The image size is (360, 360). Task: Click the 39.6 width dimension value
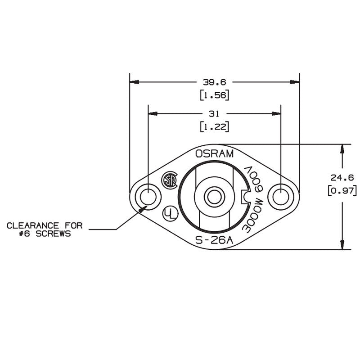pyautogui.click(x=215, y=82)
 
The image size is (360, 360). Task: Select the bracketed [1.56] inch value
pyautogui.click(x=215, y=95)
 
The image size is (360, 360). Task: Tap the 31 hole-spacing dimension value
pyautogui.click(x=214, y=114)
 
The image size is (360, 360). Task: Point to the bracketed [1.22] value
pyautogui.click(x=215, y=127)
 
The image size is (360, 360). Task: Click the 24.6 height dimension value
pyautogui.click(x=342, y=177)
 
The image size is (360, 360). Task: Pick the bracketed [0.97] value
pyautogui.click(x=342, y=191)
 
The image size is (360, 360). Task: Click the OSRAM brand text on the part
pyautogui.click(x=214, y=153)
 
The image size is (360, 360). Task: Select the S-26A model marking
pyautogui.click(x=214, y=240)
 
